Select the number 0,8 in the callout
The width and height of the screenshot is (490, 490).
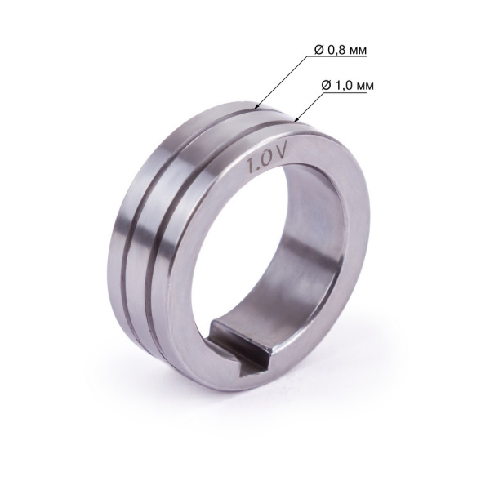pos(336,51)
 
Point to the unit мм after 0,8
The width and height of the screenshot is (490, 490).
pos(358,51)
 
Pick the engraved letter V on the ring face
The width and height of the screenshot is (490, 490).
pos(278,150)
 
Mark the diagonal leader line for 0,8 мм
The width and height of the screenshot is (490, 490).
pos(286,82)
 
